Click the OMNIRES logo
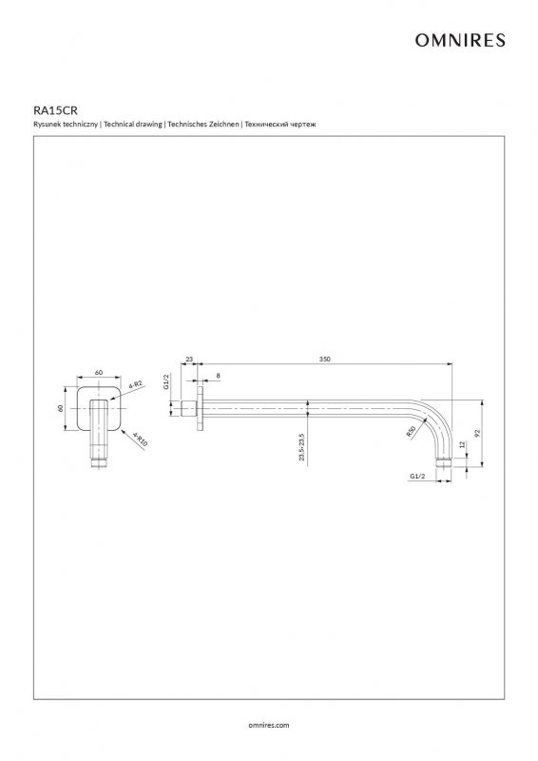[460, 40]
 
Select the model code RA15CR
[55, 110]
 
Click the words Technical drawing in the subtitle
[133, 125]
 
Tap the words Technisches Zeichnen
[203, 125]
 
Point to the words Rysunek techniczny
[66, 125]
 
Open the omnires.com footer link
[269, 725]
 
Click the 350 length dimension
[324, 360]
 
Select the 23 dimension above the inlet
[189, 360]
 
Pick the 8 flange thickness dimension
[218, 375]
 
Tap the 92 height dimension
[477, 432]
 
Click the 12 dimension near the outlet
[462, 444]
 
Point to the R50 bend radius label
[412, 432]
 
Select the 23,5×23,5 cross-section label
[301, 447]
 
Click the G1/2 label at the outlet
[417, 477]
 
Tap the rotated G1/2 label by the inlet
[166, 381]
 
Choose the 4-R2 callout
[136, 386]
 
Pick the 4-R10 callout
[140, 439]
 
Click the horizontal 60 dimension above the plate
[99, 372]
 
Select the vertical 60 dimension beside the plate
[61, 408]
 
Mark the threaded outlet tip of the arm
[443, 462]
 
